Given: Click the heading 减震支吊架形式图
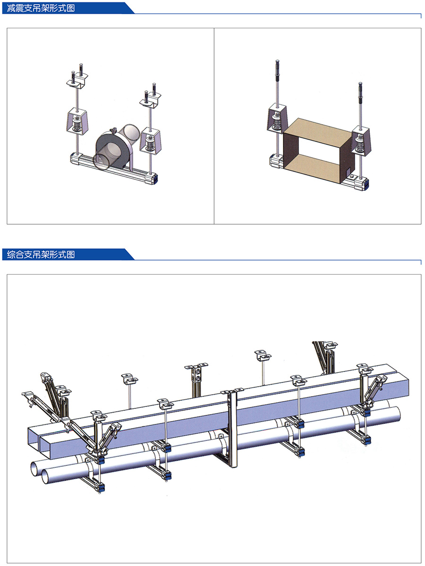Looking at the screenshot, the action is [41, 8].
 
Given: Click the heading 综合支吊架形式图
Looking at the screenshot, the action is [41, 254].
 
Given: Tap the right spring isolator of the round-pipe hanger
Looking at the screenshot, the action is [151, 140].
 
